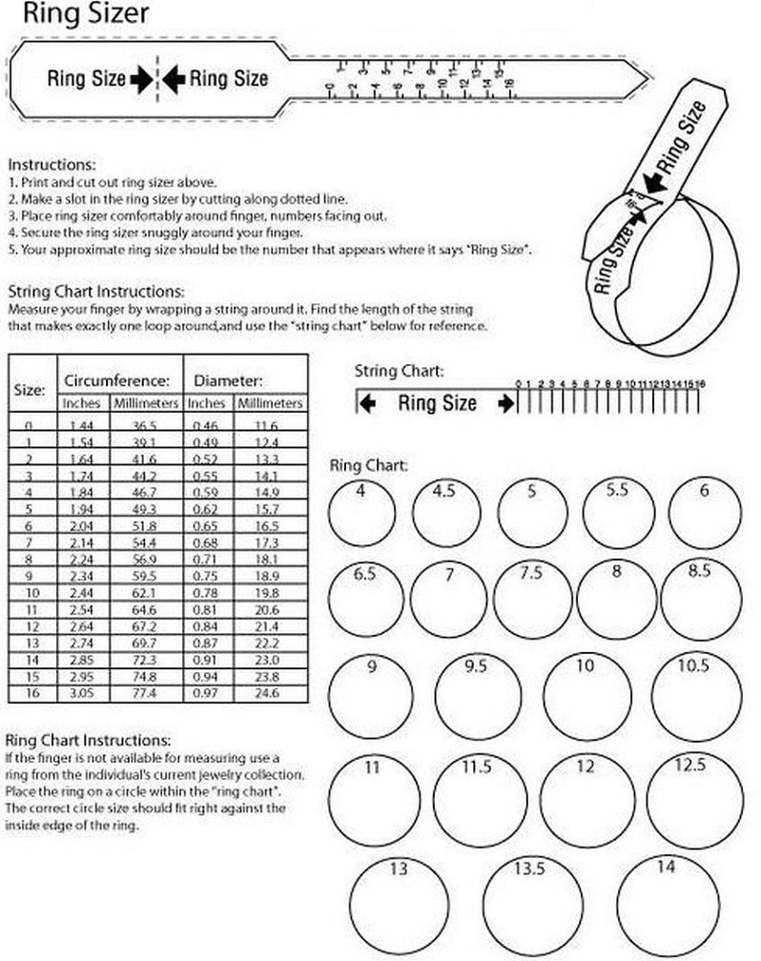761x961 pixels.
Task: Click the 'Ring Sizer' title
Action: [x=72, y=14]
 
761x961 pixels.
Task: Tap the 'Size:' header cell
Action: [x=31, y=390]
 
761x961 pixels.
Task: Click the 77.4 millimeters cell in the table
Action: [x=145, y=693]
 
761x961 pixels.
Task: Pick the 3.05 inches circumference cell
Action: [x=85, y=693]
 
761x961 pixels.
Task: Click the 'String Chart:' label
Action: [x=399, y=370]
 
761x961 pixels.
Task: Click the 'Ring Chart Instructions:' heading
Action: [x=89, y=740]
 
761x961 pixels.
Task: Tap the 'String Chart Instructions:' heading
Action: [x=96, y=291]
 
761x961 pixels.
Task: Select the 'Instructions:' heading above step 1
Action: [x=51, y=164]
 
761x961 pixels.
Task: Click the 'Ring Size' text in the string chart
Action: [x=437, y=402]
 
